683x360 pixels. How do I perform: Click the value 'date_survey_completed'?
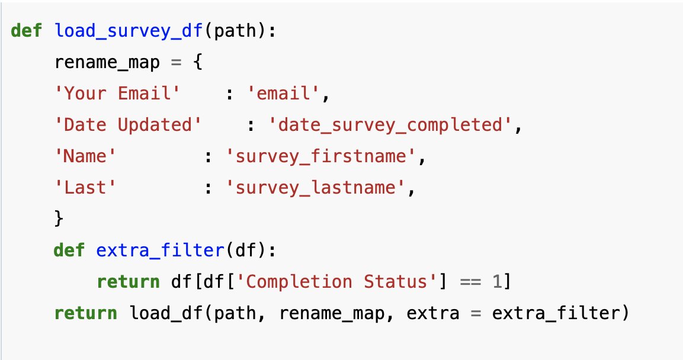coord(392,125)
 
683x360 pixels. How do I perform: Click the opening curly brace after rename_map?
coord(198,62)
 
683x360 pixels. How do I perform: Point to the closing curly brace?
coord(59,219)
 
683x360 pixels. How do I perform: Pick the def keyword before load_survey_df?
coord(27,31)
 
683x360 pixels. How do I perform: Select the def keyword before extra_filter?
coord(69,250)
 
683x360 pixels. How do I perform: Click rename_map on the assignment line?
coord(107,62)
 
